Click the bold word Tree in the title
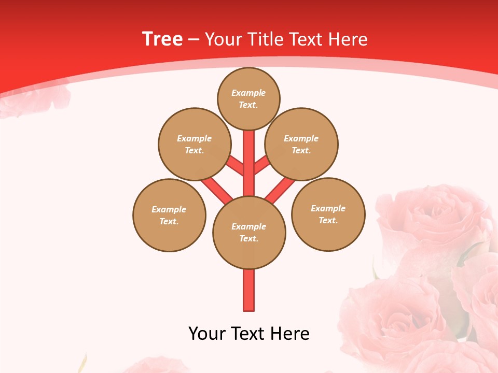[x=162, y=39]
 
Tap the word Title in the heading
[x=266, y=39]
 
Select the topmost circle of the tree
[x=248, y=98]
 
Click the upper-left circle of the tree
[x=194, y=144]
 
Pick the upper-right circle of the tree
[x=301, y=144]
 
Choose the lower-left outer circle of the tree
[x=169, y=215]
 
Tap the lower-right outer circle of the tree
[x=328, y=214]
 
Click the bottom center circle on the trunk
[x=249, y=232]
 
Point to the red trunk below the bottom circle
[x=249, y=290]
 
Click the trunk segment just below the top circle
[x=249, y=150]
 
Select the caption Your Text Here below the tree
[x=249, y=334]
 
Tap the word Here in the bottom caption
[x=290, y=334]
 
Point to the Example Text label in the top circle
[x=248, y=98]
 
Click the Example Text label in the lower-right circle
[x=328, y=214]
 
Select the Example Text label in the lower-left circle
[x=169, y=215]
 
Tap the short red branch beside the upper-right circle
[x=261, y=165]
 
